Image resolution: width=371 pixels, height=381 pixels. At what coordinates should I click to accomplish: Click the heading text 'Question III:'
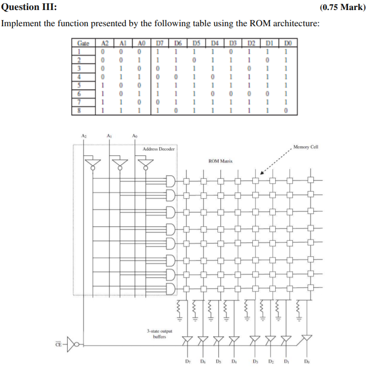pos(29,7)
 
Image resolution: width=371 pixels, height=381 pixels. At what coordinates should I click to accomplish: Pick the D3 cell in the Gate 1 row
pos(231,51)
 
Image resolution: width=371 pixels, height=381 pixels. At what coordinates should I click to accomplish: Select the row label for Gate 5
pos(81,84)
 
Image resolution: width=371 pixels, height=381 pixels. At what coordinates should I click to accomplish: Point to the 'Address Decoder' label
pos(158,149)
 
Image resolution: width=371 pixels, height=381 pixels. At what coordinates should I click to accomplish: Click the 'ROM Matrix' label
pos(220,161)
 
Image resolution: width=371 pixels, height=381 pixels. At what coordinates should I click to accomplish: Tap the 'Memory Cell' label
pos(306,147)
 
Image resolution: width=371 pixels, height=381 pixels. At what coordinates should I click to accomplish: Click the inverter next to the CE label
pos(73,342)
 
